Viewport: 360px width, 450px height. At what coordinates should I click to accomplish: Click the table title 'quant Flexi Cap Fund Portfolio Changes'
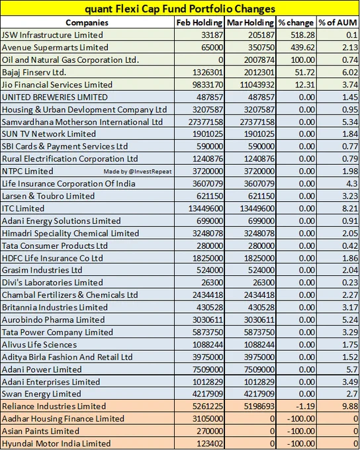[x=180, y=9]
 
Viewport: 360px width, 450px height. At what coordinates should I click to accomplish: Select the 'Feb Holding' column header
[x=199, y=22]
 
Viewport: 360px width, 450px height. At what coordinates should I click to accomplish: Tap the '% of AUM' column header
[x=338, y=22]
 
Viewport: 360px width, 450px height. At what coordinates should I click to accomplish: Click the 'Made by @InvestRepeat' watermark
[x=138, y=171]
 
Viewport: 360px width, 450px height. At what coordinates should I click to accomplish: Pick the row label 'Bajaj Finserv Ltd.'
[x=34, y=72]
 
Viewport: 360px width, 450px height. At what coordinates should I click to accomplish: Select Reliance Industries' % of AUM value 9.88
[x=349, y=406]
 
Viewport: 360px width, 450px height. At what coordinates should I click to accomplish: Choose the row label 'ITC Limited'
[x=23, y=208]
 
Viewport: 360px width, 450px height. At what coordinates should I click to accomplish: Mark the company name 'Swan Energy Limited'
[x=41, y=394]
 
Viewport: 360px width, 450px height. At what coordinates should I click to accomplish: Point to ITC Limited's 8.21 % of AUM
[x=349, y=208]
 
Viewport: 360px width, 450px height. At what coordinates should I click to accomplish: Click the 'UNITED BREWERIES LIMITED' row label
[x=54, y=97]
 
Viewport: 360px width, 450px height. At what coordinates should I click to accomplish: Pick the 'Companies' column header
[x=87, y=22]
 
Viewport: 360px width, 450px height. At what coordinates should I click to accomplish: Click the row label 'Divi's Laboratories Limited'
[x=52, y=283]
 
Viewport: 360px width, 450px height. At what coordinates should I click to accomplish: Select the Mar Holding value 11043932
[x=257, y=85]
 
